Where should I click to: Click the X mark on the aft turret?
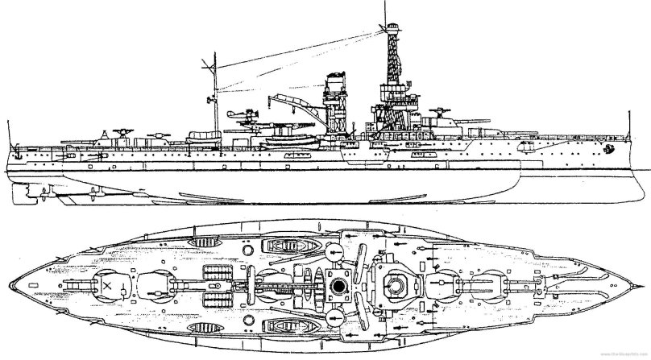pyautogui.click(x=106, y=283)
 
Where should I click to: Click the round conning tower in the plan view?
pyautogui.click(x=395, y=283)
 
